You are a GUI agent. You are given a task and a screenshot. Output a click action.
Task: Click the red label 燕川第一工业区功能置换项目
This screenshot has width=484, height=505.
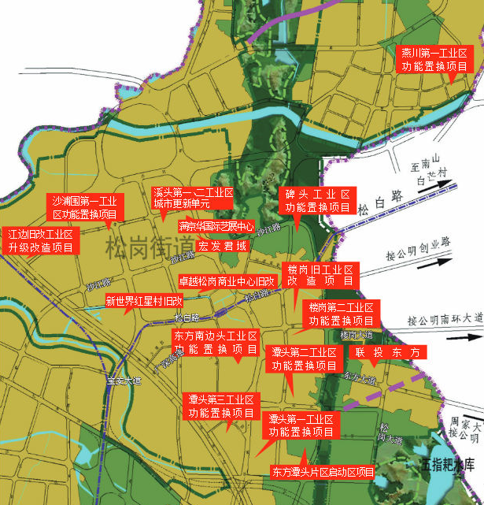[434, 60]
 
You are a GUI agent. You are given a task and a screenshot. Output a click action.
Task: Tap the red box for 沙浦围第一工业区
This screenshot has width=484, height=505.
[84, 207]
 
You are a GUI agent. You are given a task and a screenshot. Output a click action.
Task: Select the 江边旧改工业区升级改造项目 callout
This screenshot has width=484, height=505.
[40, 241]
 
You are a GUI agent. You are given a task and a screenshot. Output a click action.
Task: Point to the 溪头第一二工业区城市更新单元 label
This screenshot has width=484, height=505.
[193, 198]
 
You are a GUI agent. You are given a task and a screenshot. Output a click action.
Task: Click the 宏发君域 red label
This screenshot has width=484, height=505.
[223, 247]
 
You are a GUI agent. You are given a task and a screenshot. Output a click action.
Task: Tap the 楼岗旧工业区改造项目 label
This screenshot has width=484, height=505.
[320, 275]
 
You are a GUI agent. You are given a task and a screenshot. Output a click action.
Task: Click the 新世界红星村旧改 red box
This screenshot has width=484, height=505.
[144, 300]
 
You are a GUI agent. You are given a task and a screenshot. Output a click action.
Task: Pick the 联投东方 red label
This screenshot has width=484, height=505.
[388, 352]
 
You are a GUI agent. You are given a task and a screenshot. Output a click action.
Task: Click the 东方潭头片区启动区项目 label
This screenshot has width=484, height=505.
[323, 473]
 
